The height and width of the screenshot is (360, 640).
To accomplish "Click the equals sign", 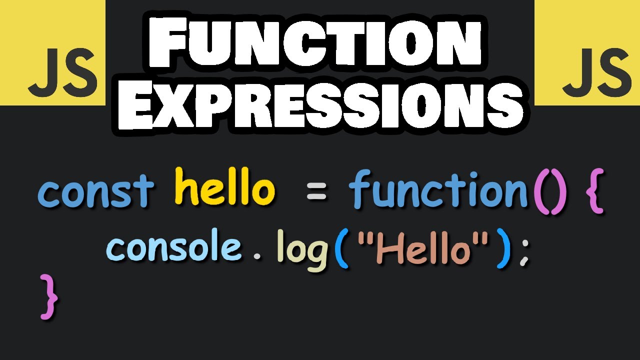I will pyautogui.click(x=316, y=192).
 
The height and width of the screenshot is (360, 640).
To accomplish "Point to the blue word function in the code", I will pyautogui.click(x=438, y=190).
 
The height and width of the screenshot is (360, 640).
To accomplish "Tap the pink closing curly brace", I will pyautogui.click(x=49, y=296).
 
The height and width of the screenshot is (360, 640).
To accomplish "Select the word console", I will pyautogui.click(x=174, y=247).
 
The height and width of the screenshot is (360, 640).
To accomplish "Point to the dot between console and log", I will pyautogui.click(x=257, y=257).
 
